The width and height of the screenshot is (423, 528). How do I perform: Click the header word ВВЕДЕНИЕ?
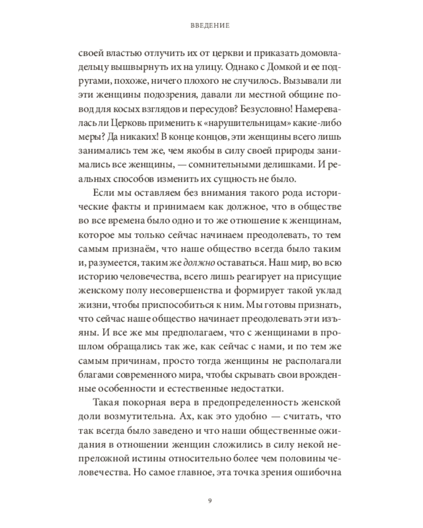coord(211,25)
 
